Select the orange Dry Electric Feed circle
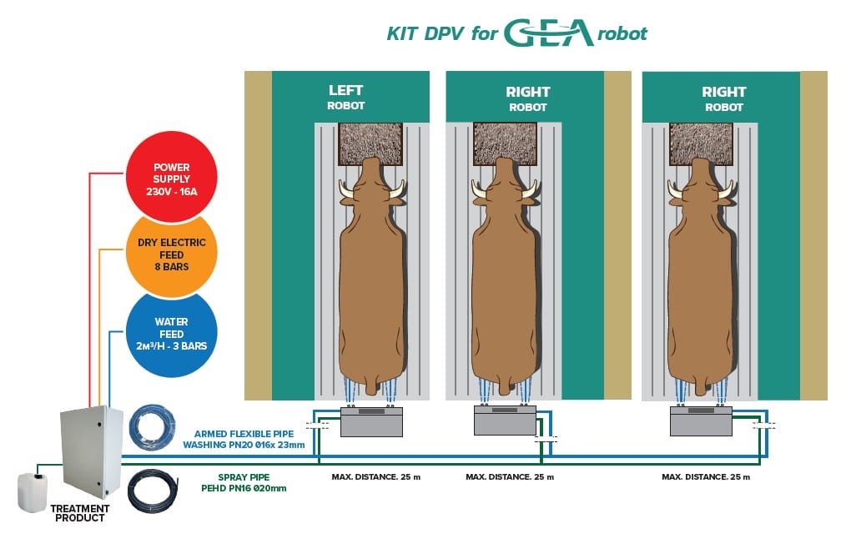171,254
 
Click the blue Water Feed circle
171,333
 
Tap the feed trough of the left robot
371,144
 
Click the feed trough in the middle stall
505,144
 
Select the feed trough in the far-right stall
701,144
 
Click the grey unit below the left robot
371,422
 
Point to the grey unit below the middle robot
505,419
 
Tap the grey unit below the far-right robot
701,421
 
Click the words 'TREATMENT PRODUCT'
80,513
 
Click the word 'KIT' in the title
402,34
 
